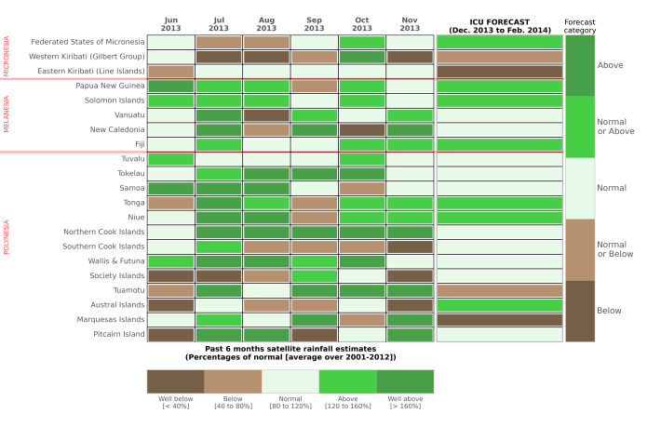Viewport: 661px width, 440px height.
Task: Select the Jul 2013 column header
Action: click(219, 24)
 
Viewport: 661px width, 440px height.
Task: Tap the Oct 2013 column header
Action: click(362, 24)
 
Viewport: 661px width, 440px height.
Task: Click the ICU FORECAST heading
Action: click(499, 25)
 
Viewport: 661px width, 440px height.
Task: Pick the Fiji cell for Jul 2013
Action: click(219, 144)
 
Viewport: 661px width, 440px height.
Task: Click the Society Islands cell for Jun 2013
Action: click(170, 276)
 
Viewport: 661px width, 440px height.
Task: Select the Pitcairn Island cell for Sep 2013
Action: click(314, 335)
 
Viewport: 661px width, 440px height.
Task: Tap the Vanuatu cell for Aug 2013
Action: click(266, 115)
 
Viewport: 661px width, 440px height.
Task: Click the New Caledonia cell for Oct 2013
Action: click(362, 130)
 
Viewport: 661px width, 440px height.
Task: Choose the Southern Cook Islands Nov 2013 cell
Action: click(410, 247)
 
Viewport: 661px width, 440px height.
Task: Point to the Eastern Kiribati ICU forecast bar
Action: click(499, 72)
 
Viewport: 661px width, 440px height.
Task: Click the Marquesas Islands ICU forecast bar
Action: click(499, 320)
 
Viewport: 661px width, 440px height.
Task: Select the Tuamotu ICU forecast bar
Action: click(499, 290)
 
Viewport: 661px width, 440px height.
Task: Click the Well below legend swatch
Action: click(175, 381)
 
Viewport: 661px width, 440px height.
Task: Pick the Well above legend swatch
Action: click(405, 381)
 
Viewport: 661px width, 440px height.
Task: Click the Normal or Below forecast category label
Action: click(612, 249)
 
